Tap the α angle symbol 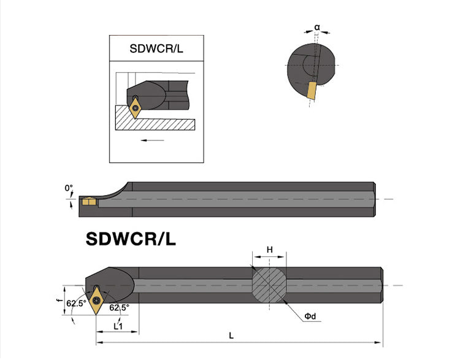click(x=317, y=27)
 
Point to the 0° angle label click(x=69, y=188)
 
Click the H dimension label click(x=269, y=250)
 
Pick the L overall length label click(x=231, y=335)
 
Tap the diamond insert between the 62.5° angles click(x=97, y=300)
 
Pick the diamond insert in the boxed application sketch click(x=136, y=108)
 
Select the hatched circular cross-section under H click(x=269, y=285)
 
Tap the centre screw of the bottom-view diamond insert click(x=97, y=300)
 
